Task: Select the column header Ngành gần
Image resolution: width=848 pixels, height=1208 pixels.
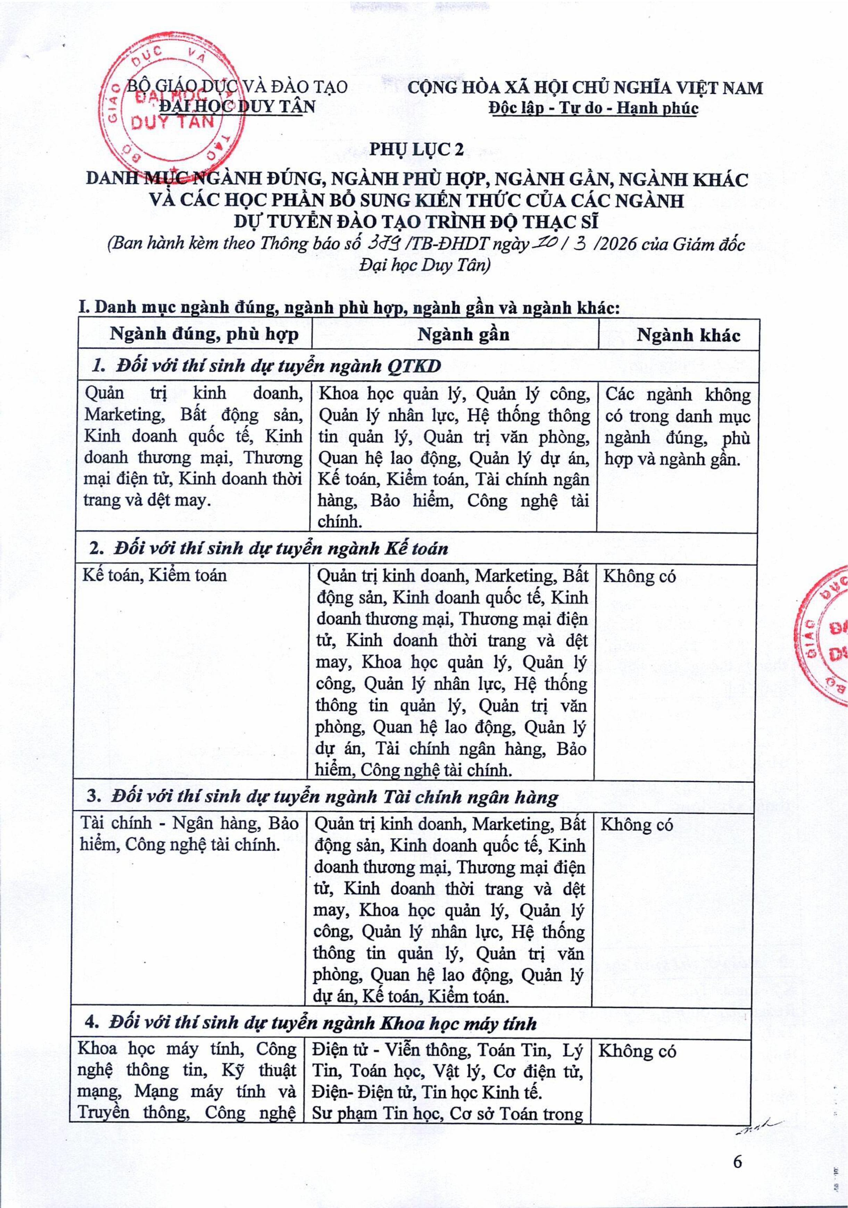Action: [463, 335]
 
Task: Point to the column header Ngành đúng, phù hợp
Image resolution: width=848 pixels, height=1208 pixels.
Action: [204, 335]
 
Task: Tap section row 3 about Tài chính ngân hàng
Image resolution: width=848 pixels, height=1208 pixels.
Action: [335, 798]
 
